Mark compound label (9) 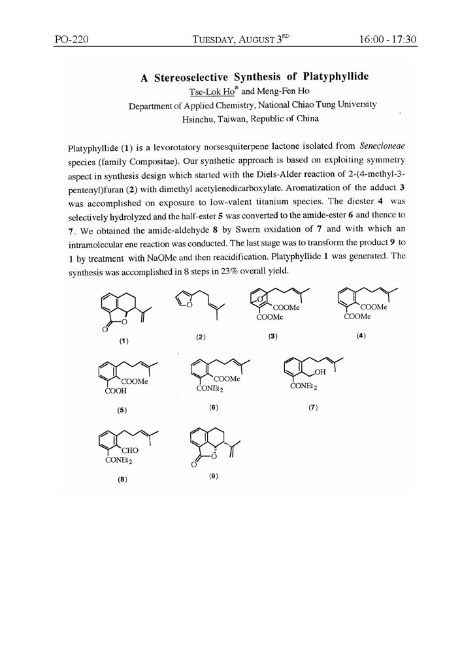(213, 476)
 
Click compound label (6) (213, 407)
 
